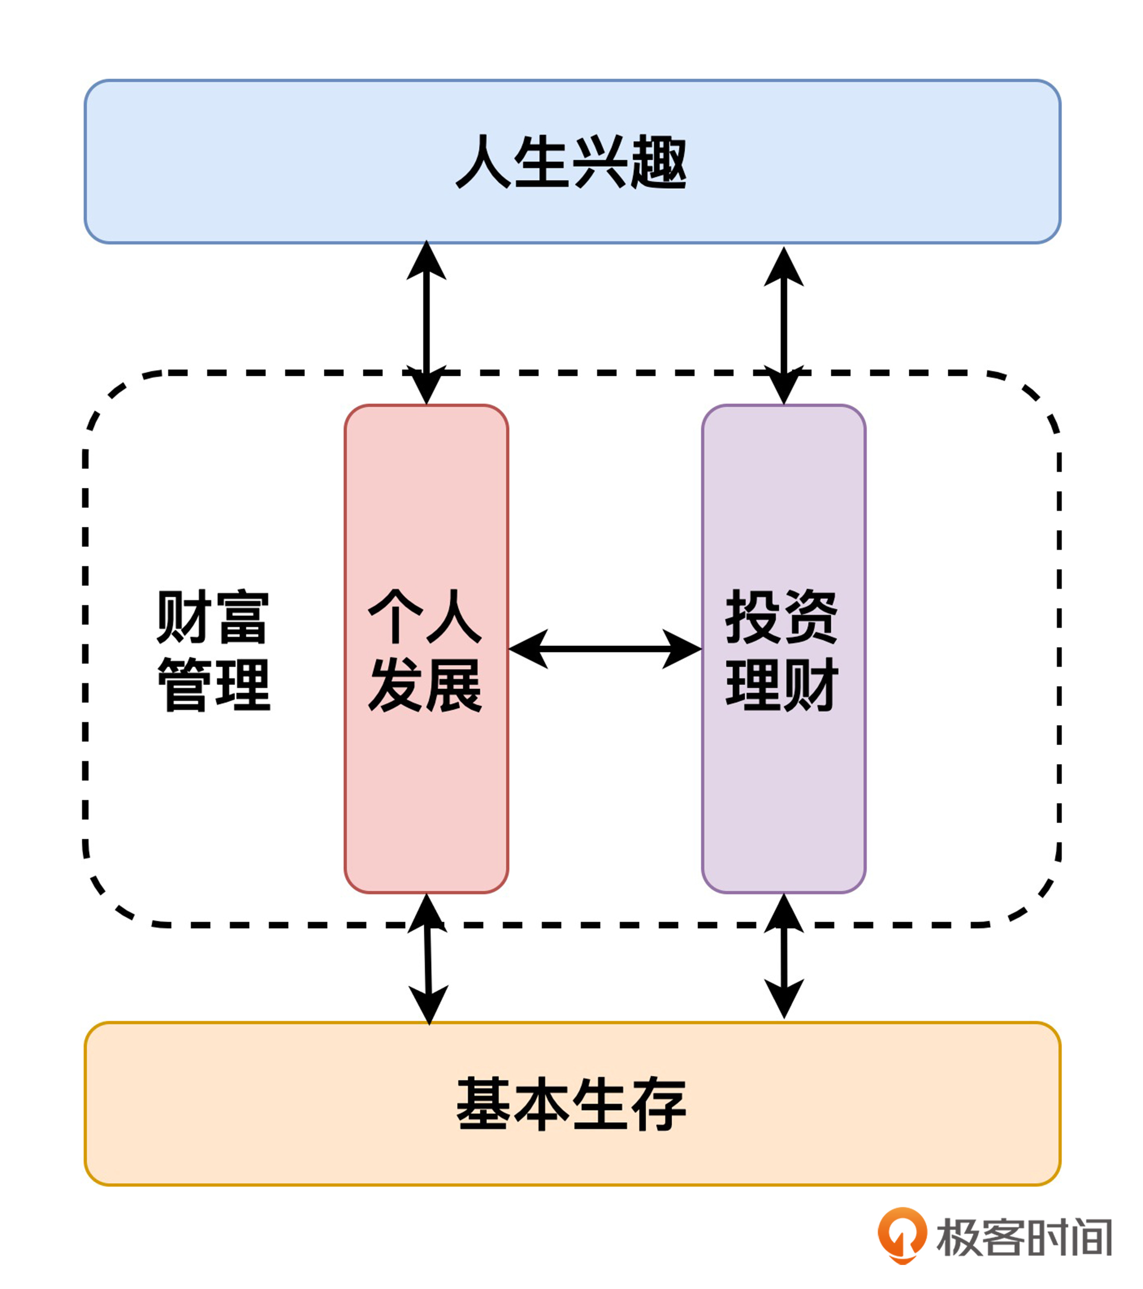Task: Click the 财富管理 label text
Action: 213,651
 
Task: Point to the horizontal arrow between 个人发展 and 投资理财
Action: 605,649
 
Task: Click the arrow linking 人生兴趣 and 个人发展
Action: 426,322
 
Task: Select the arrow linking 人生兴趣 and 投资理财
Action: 784,325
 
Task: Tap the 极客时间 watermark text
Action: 1024,1237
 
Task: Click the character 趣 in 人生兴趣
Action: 659,162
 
